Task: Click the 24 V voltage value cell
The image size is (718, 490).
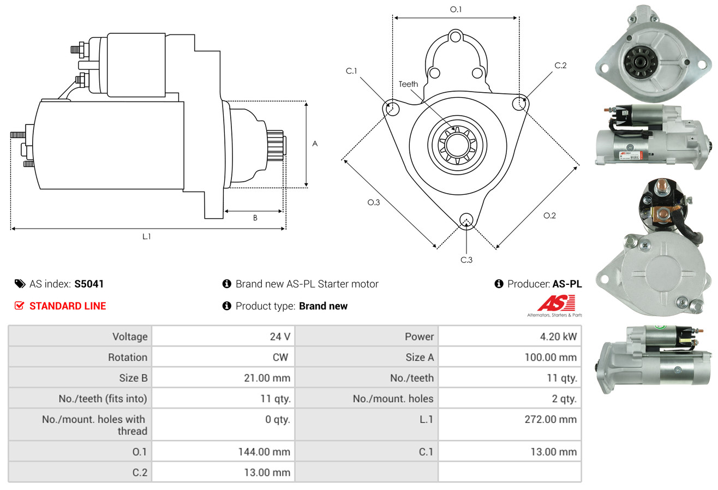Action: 280,337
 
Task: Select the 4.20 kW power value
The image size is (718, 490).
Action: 558,337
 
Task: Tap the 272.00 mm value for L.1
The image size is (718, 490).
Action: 551,419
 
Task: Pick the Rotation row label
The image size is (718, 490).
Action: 128,357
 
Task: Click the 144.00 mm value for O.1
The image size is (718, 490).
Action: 264,452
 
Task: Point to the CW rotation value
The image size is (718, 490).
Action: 280,357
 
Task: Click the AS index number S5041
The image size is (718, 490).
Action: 89,284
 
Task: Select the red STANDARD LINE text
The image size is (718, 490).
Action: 68,306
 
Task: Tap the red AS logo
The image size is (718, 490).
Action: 556,303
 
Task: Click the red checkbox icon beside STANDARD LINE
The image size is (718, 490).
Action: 19,306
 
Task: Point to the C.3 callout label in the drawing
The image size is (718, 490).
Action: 466,260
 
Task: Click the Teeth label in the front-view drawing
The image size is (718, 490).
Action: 408,84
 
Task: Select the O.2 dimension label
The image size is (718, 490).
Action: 549,216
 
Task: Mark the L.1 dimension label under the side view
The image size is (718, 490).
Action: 146,236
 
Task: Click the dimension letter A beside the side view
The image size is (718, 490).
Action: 315,144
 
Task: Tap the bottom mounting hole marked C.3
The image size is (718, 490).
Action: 466,220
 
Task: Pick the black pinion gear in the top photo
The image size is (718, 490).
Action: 639,61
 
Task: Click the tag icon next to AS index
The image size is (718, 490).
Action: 20,284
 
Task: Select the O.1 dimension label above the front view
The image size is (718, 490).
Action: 456,9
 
